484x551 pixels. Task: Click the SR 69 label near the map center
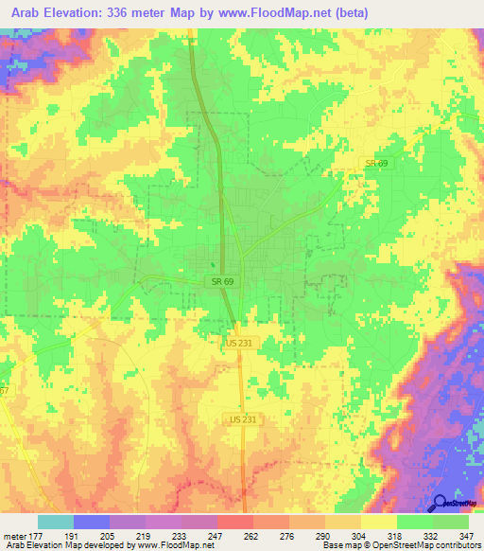216,282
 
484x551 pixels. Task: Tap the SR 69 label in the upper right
377,164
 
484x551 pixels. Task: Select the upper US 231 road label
239,344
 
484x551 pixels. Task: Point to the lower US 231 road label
244,418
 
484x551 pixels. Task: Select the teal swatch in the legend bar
55,522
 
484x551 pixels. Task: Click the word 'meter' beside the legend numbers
16,535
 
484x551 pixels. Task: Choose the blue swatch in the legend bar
92,522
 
